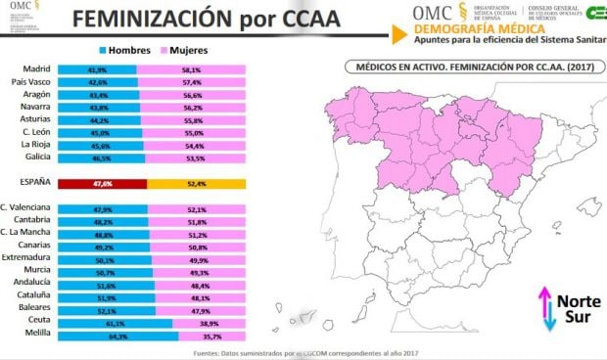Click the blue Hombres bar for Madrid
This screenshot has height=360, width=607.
point(96,69)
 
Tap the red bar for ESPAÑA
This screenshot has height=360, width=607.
point(102,183)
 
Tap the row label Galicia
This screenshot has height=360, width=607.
point(37,157)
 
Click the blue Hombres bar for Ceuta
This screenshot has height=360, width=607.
point(115,321)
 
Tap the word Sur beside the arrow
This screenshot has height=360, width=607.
point(571,317)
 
